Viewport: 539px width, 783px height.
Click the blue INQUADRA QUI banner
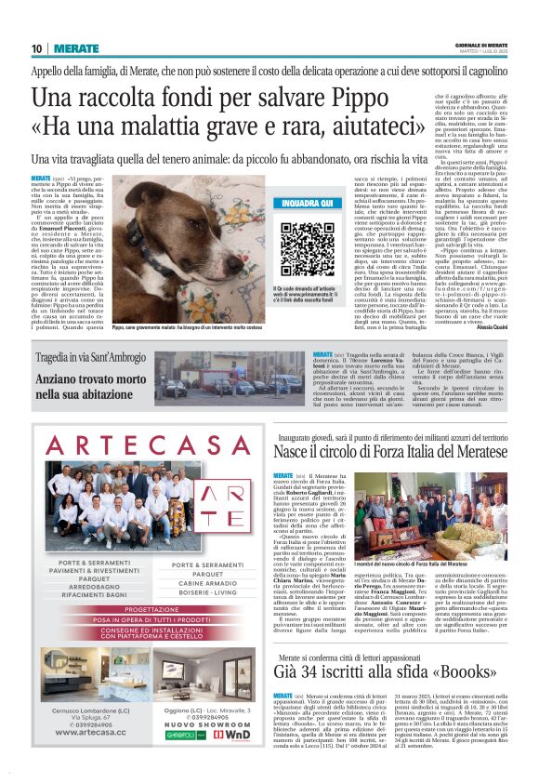click(306, 203)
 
